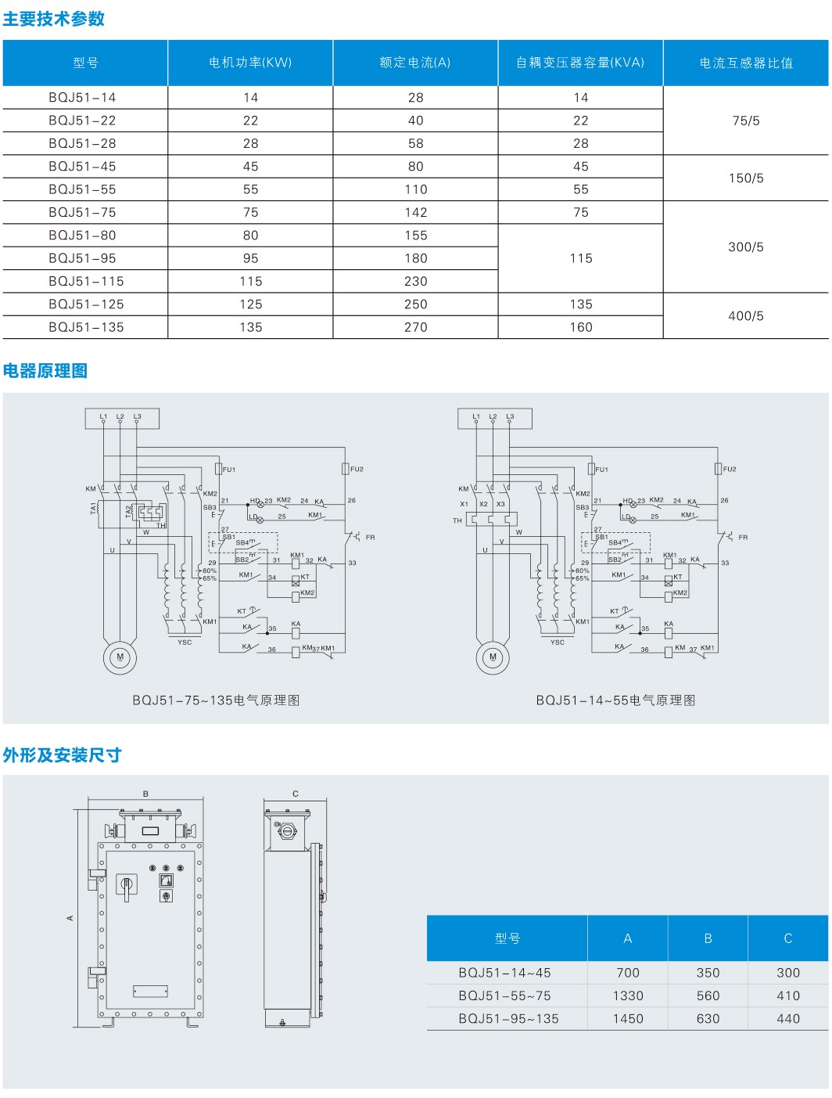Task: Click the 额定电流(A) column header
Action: [x=415, y=63]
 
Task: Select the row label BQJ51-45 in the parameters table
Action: [x=82, y=167]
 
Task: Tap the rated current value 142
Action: [x=415, y=212]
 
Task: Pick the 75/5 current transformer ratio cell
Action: [x=745, y=121]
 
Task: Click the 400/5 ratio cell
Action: [x=745, y=315]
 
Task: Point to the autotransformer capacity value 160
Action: [x=580, y=327]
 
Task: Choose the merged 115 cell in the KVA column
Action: [x=580, y=258]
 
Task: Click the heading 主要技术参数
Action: [x=53, y=19]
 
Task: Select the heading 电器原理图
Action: [x=45, y=371]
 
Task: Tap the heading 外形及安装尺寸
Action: [x=63, y=755]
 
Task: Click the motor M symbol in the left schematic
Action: [x=120, y=657]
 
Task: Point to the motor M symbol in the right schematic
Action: [x=493, y=657]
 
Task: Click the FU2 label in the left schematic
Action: [x=357, y=470]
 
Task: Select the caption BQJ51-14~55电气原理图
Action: [x=615, y=700]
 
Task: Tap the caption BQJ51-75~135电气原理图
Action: [x=216, y=700]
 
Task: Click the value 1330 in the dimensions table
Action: [x=628, y=995]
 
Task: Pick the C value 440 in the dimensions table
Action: [x=787, y=1018]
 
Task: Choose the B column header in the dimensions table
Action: [x=708, y=938]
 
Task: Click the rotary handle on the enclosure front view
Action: [x=126, y=886]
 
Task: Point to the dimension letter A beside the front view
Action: [x=70, y=917]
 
